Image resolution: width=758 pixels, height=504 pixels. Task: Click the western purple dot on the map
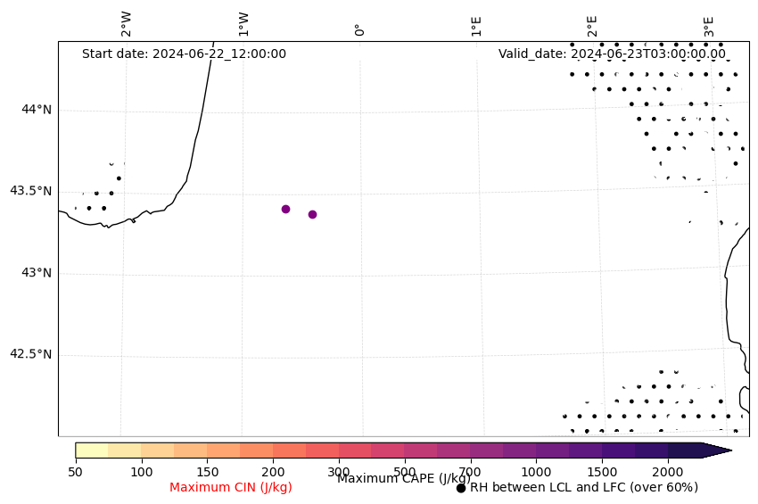click(285, 209)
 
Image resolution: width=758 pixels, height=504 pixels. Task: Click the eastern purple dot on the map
click(312, 214)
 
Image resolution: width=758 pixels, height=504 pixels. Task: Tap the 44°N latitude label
click(37, 109)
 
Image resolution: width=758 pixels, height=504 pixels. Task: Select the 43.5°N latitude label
click(30, 191)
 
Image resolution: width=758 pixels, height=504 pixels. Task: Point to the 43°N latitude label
click(37, 272)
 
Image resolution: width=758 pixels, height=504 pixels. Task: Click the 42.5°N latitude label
click(30, 354)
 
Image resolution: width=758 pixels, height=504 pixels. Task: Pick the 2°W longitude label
click(127, 24)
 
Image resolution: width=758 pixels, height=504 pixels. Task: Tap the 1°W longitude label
click(243, 24)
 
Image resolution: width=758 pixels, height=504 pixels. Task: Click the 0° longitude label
click(359, 29)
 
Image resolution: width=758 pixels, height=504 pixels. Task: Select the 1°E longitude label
click(476, 25)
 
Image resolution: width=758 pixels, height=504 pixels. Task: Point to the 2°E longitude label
click(592, 25)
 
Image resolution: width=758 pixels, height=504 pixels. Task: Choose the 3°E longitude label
click(709, 25)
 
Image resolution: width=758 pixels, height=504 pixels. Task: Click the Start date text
click(184, 54)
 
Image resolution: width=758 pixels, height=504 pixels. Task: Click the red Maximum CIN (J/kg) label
click(231, 487)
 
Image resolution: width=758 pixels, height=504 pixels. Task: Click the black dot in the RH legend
click(461, 488)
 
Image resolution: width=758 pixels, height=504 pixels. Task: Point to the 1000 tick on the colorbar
click(536, 471)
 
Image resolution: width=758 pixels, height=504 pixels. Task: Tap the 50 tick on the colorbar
click(76, 471)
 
